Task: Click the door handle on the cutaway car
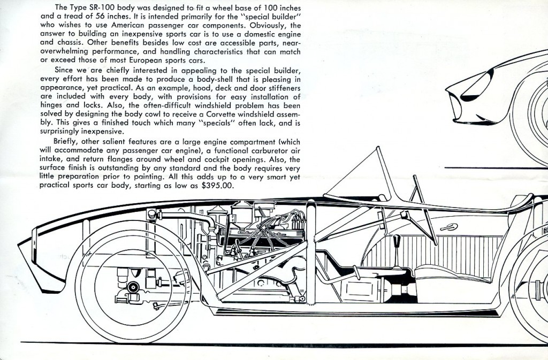(x=446, y=227)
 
